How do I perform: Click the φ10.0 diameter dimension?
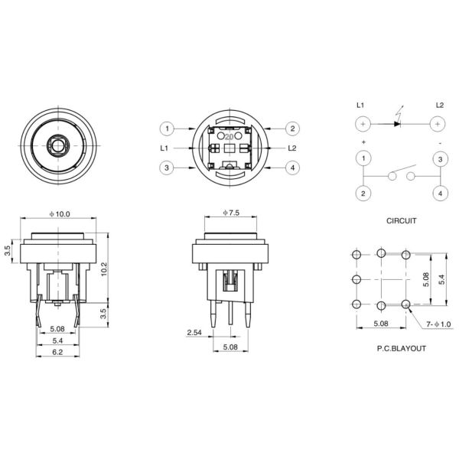point(61,215)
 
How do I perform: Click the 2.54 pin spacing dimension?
point(193,333)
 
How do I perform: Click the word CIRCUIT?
point(401,220)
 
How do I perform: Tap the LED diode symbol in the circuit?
point(399,122)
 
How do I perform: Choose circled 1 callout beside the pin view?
point(168,129)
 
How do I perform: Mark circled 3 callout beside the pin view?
point(168,168)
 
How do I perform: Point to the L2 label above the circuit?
point(439,104)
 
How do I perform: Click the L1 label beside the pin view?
point(164,148)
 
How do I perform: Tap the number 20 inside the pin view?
point(229,135)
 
